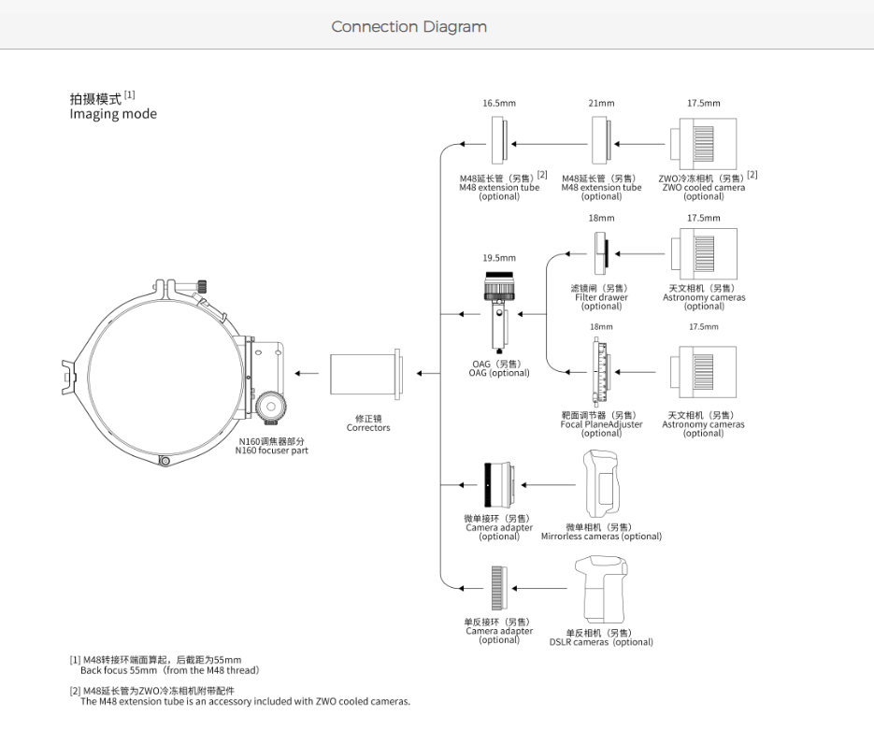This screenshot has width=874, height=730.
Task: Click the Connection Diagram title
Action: pos(408,27)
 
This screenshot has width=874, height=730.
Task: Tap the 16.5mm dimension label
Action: pos(499,103)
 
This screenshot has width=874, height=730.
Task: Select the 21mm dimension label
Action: pos(601,103)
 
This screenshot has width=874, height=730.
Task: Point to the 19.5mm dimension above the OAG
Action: pos(499,258)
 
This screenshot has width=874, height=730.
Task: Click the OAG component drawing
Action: pos(499,312)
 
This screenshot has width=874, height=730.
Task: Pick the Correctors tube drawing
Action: pos(365,374)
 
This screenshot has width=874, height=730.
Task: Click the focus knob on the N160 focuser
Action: pos(271,407)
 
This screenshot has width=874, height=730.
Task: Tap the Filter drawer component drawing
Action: pos(601,253)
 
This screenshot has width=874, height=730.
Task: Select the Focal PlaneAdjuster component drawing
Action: pos(600,372)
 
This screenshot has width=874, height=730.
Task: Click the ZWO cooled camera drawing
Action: pos(704,144)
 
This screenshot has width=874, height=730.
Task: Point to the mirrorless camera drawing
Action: pos(602,484)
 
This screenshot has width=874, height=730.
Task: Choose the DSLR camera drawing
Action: pos(601,589)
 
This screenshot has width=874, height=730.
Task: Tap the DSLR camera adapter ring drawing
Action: pos(499,588)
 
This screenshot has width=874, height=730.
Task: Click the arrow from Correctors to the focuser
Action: pos(307,373)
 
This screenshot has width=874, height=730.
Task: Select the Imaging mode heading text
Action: pos(113,114)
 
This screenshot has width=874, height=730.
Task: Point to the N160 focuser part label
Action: pos(271,451)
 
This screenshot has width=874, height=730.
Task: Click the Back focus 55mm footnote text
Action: pos(169,670)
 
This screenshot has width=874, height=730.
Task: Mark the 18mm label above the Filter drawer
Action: pos(601,218)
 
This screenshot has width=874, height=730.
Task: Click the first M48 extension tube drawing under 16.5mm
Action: pos(499,140)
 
